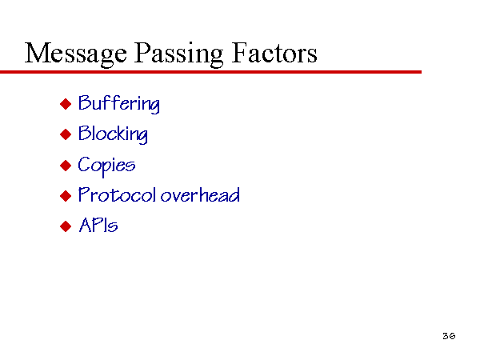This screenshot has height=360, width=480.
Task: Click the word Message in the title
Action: [76, 54]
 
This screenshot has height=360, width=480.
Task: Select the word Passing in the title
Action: [178, 54]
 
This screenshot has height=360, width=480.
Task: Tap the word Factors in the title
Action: [274, 53]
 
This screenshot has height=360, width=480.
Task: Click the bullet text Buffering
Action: [118, 104]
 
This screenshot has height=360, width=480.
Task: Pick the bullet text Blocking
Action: [113, 134]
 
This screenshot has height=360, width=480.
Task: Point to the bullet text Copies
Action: [106, 166]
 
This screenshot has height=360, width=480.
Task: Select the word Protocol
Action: [117, 194]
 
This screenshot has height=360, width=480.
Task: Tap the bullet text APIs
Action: [98, 225]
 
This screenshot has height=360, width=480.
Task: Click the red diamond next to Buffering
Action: [66, 104]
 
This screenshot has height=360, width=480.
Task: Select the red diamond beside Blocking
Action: [66, 134]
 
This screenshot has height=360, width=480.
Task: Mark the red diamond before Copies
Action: [66, 166]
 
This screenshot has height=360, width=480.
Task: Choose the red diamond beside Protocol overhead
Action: [66, 196]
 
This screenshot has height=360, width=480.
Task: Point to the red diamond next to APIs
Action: [66, 226]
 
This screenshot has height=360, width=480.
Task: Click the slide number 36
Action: [449, 336]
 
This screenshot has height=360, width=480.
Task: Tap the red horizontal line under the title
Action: [210, 72]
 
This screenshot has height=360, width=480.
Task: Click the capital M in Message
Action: [37, 53]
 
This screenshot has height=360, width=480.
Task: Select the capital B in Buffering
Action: [85, 102]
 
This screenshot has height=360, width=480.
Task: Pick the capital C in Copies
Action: [84, 164]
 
